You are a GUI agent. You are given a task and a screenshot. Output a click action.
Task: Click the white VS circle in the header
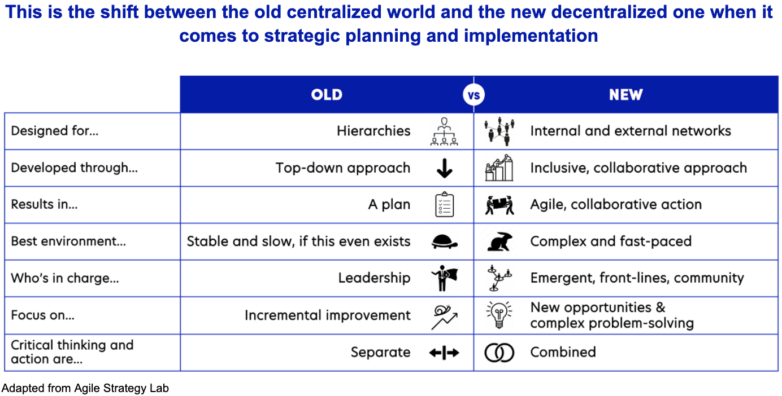pos(473,95)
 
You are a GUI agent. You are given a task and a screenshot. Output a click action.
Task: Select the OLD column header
pos(327,95)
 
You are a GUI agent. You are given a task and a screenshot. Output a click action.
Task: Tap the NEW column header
pos(626,95)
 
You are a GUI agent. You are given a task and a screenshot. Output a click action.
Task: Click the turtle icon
pos(445,241)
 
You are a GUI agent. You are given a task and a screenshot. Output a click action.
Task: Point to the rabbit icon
pos(499,241)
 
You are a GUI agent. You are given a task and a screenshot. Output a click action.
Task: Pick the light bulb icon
pos(499,315)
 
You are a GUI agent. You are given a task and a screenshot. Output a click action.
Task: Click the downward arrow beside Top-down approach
pos(445,168)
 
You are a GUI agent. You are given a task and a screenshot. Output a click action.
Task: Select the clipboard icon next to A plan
pos(445,204)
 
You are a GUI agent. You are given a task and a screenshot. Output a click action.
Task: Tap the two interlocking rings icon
pos(499,353)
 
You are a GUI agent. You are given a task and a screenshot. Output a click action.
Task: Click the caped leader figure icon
pos(445,278)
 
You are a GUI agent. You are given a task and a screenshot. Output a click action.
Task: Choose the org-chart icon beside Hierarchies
pos(444,131)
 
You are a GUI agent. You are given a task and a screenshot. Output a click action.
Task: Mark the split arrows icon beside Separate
pos(444,353)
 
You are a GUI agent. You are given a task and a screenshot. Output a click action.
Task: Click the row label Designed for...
pos(55,131)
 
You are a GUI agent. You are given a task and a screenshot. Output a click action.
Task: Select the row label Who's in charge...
pos(65,278)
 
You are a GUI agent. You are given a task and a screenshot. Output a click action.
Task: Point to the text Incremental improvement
pos(328,315)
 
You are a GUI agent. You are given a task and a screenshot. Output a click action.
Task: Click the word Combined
pos(563,352)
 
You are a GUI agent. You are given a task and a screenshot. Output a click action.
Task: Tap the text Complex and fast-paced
pos(611,241)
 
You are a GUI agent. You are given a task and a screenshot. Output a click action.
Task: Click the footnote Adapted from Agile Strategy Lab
pos(85,388)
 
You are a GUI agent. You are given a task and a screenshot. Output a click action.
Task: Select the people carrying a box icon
pos(499,205)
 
